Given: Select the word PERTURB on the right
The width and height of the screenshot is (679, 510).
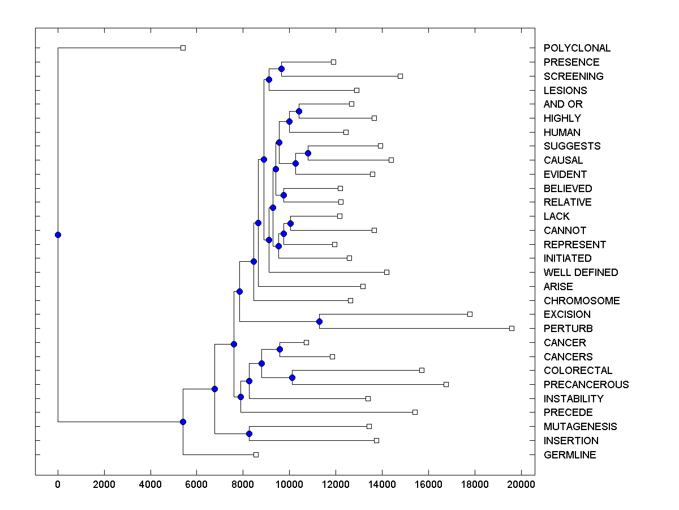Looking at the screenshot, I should pos(568,329).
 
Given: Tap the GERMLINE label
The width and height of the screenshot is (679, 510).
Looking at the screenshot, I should pos(570,455).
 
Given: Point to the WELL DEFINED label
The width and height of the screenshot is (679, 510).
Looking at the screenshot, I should pos(581,273).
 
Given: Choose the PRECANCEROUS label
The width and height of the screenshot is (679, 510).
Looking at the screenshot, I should pos(586,385).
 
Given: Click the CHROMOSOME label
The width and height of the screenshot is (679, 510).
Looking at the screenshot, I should pos(582,301).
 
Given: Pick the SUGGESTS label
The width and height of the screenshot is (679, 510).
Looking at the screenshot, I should pos(572,146).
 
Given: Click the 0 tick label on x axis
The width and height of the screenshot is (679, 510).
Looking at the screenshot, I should pos(58,484).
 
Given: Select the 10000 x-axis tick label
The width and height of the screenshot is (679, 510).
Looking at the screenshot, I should pos(289,484).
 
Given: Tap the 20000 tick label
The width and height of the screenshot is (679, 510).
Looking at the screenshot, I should pos(521,484).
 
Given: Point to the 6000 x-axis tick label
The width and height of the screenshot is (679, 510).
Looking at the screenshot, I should pos(196,484).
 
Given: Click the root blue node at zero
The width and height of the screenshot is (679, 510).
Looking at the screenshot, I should pos(58,235).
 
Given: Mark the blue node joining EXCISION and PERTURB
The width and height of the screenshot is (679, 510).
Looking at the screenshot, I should pos(319,321).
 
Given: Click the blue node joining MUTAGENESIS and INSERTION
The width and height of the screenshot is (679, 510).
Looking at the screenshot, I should pos(249,433).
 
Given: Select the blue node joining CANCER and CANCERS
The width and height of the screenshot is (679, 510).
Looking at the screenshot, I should pos(280,349).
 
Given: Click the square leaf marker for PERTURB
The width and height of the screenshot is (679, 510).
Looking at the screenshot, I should pos(512,328).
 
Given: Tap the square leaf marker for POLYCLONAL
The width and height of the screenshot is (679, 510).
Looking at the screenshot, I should pos(183,48).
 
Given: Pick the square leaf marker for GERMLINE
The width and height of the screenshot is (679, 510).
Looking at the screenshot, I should pos(256,454).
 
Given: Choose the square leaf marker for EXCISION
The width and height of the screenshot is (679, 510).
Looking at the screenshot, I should pos(470,314).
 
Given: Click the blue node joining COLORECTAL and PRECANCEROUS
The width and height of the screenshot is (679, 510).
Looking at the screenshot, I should pos(292,377).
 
